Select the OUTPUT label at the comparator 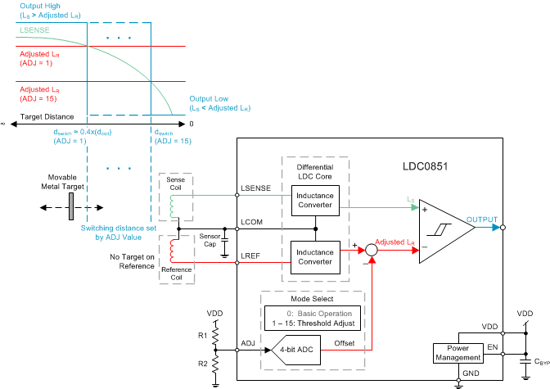481,219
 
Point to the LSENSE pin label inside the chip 256,189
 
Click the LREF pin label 251,256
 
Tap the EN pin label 491,346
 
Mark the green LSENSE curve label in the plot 31,30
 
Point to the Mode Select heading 311,299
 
